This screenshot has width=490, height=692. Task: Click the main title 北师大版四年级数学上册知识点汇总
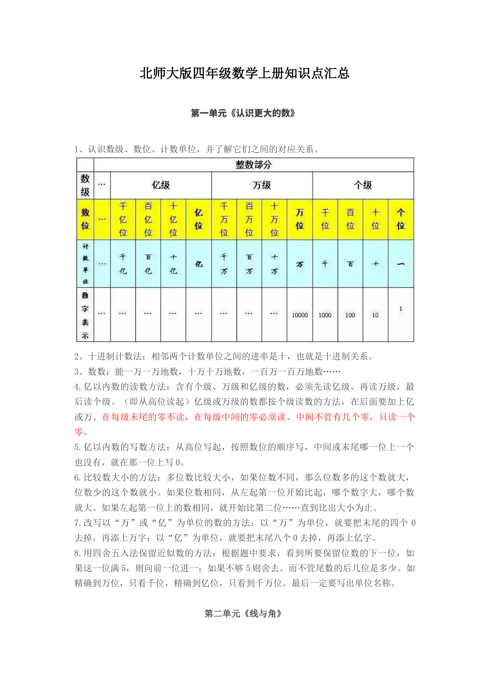click(x=244, y=73)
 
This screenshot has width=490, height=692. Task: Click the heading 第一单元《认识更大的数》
click(x=243, y=114)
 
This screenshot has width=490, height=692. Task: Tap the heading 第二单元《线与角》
click(x=243, y=613)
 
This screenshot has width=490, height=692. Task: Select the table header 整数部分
click(x=253, y=165)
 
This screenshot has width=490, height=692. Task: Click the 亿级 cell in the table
click(x=161, y=185)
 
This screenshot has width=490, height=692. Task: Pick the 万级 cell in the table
click(x=262, y=185)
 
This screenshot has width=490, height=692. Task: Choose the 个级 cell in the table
click(x=363, y=185)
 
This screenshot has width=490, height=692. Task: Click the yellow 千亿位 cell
click(x=123, y=219)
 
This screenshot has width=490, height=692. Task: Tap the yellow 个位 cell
click(x=401, y=219)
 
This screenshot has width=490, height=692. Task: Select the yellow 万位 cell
click(x=300, y=219)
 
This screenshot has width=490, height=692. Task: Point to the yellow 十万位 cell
click(x=274, y=219)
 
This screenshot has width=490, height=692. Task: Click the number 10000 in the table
click(x=300, y=315)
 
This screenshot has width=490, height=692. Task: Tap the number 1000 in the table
click(x=325, y=315)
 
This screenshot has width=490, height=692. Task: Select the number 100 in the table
click(x=350, y=315)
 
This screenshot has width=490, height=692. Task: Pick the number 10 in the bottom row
click(x=375, y=315)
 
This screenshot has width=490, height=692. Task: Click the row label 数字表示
click(x=85, y=315)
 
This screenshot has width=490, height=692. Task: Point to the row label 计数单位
click(x=85, y=264)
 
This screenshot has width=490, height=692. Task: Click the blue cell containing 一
click(x=401, y=264)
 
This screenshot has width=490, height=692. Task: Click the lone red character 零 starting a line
click(x=79, y=432)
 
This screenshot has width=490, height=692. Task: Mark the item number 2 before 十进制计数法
click(x=77, y=357)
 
